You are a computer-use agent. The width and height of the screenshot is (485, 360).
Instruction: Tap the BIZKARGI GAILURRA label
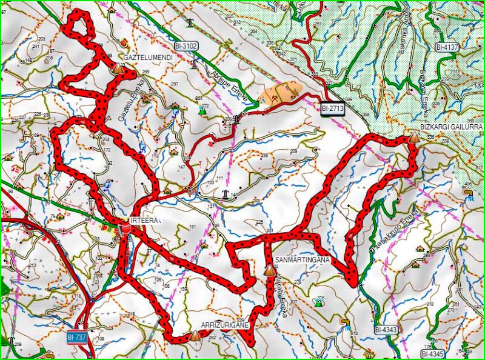click(451, 127)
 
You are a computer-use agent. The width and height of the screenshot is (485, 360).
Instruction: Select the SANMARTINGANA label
click(302, 260)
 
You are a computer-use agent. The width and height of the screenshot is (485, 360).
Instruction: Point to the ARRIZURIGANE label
click(226, 325)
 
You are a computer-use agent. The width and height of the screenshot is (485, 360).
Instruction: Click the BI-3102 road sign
click(186, 45)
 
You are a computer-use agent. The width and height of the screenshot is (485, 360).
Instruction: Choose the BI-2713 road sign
click(333, 108)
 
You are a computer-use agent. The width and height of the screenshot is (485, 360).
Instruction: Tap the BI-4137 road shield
click(447, 47)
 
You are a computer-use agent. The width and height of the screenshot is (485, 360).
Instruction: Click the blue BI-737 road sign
click(77, 336)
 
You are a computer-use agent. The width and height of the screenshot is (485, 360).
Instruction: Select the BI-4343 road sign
click(386, 330)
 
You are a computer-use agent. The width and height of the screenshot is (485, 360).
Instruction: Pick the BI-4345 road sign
click(433, 353)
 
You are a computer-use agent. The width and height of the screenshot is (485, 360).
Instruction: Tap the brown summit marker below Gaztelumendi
click(117, 68)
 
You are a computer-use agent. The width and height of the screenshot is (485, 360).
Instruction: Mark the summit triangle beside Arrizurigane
click(195, 335)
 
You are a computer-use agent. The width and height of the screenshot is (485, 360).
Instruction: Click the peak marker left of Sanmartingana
click(267, 269)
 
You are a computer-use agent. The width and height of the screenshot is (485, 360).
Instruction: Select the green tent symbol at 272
click(202, 110)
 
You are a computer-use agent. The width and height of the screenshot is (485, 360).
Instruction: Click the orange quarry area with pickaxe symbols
click(280, 93)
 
